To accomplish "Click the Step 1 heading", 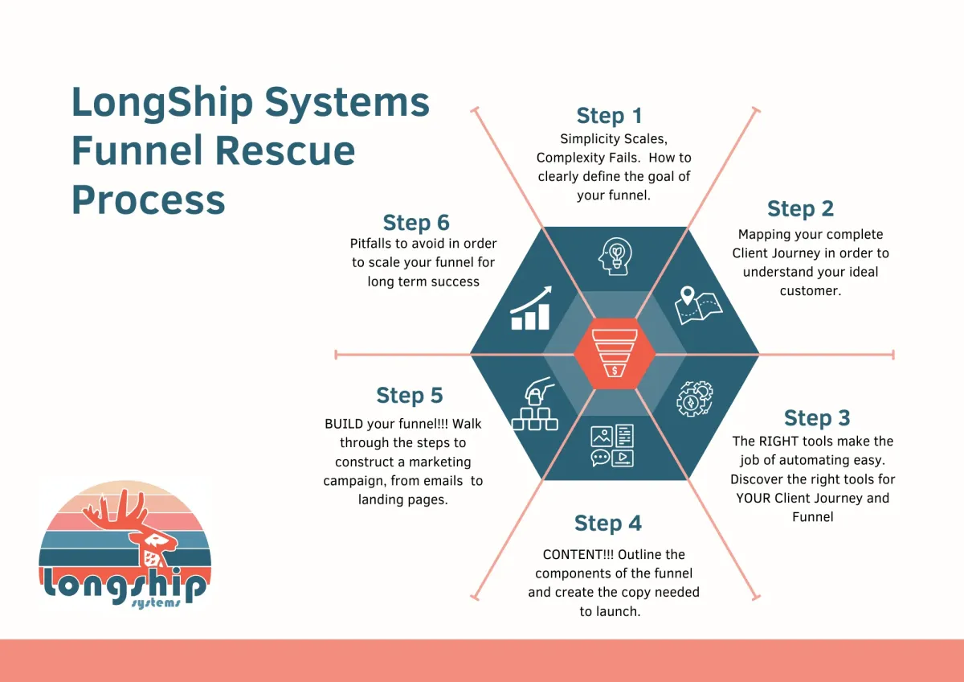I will (609, 116).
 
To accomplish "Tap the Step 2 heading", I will (800, 209).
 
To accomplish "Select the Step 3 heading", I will (816, 418).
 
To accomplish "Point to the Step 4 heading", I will (608, 524).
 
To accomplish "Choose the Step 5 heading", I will (410, 396).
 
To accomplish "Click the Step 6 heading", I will (416, 223).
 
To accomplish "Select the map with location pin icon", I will (697, 305).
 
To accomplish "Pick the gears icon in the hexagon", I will (695, 397).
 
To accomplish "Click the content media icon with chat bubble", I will (612, 446).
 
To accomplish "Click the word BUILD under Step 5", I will (343, 424).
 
